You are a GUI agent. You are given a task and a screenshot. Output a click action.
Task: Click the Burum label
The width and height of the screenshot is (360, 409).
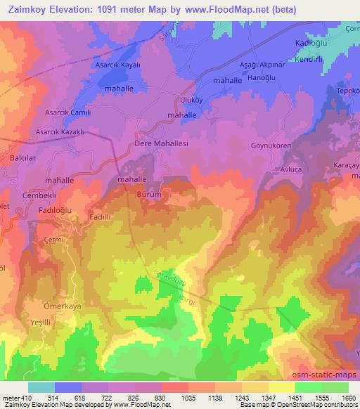pyautogui.click(x=150, y=194)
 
